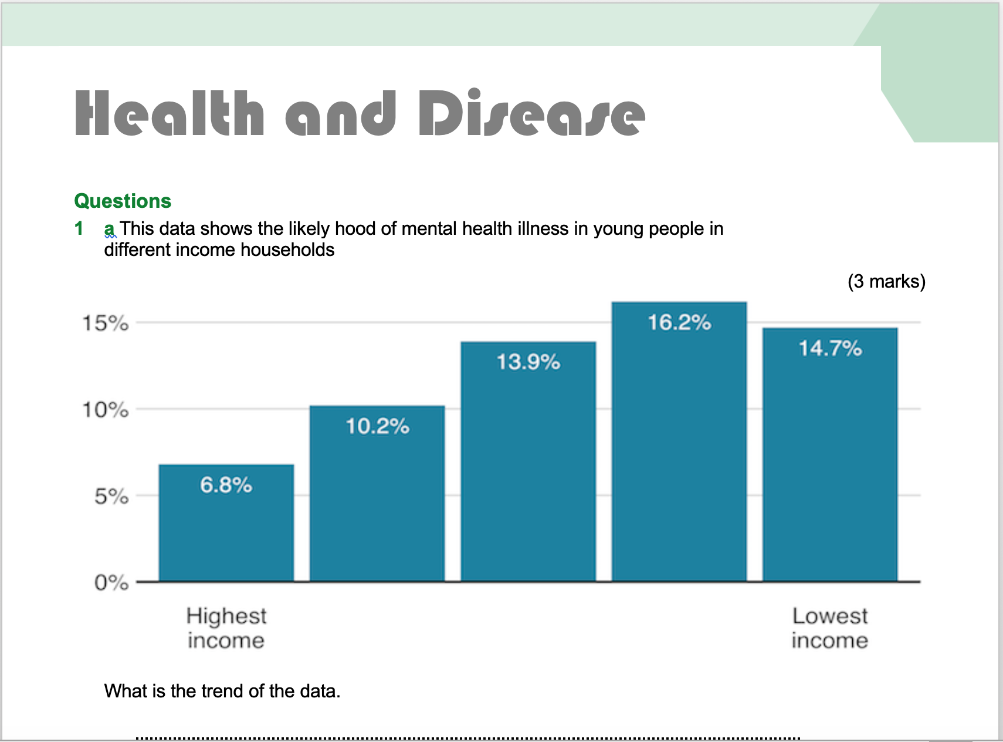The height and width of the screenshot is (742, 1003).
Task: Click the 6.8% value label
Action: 226,485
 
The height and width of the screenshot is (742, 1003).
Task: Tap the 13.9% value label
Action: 528,362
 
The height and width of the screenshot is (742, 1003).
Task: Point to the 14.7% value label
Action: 830,349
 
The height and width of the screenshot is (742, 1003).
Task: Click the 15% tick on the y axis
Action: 106,323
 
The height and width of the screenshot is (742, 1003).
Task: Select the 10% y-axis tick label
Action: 106,410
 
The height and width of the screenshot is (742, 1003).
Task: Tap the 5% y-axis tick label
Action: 111,497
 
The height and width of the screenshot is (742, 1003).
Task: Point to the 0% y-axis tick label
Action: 111,583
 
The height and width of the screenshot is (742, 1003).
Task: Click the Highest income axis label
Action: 226,628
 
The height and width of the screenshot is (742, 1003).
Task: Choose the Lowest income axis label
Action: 829,628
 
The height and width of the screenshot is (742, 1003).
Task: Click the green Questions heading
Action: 123,201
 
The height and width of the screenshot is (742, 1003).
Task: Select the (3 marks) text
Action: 886,281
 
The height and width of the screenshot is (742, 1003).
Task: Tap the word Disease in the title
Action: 531,113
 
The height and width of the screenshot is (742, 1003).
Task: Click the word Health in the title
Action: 170,113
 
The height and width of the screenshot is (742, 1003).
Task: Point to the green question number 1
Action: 79,228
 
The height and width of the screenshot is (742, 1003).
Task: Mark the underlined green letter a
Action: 109,228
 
